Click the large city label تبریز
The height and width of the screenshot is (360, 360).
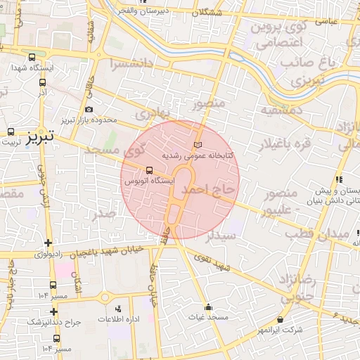pos(40,136)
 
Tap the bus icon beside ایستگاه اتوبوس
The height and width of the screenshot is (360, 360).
pos(148,170)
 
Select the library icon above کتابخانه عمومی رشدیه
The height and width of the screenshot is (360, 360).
pos(198,144)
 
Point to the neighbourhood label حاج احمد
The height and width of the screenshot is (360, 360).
pos(207,190)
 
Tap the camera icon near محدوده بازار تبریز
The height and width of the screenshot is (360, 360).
pos(89,109)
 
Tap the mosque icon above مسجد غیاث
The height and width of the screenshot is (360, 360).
pos(208,307)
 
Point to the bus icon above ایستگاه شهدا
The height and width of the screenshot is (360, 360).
pos(32,58)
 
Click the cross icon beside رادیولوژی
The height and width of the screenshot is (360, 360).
pos(48,243)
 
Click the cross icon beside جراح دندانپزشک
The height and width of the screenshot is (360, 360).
pos(53,311)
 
